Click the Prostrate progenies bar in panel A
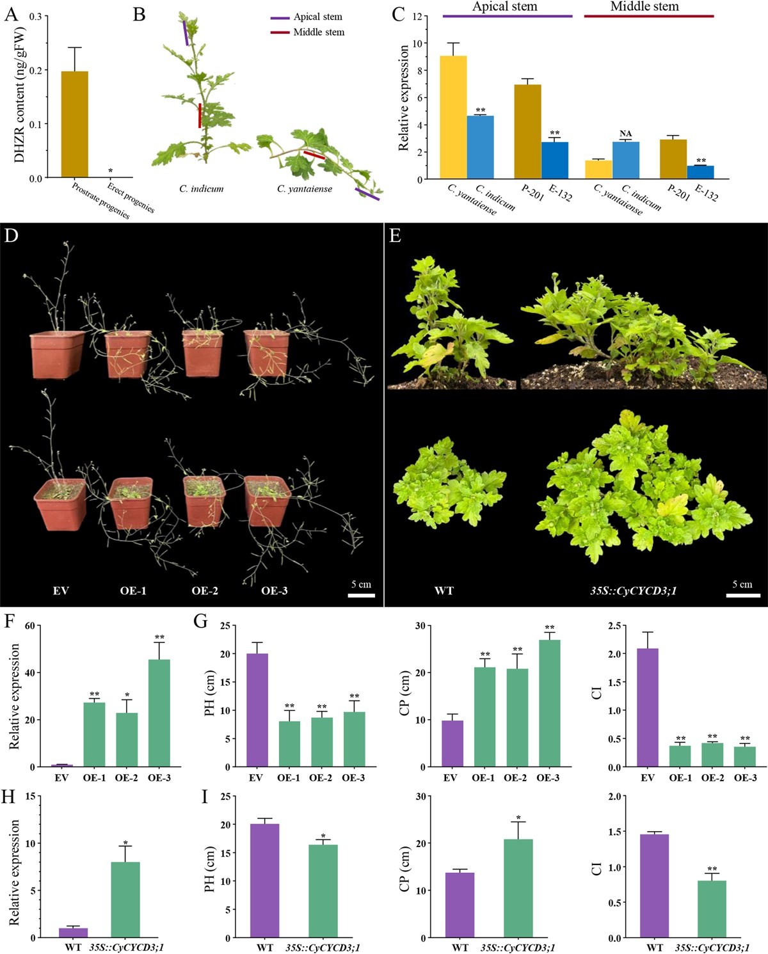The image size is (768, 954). click(75, 124)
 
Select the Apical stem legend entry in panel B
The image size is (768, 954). click(317, 17)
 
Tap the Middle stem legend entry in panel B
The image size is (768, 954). click(318, 32)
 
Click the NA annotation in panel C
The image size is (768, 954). click(625, 134)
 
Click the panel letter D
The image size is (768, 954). click(12, 235)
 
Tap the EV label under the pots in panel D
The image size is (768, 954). click(61, 591)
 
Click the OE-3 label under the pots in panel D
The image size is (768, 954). click(274, 591)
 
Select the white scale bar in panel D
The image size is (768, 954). click(361, 595)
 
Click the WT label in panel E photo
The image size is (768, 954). click(444, 591)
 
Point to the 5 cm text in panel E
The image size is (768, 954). click(742, 584)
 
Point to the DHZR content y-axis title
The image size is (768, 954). click(20, 95)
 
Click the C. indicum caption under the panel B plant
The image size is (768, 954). click(202, 189)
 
